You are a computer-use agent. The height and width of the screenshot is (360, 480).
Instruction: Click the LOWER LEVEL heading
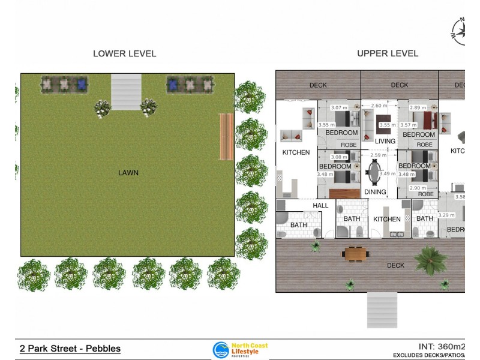click(124, 53)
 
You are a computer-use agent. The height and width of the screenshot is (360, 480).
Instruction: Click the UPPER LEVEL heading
click(388, 53)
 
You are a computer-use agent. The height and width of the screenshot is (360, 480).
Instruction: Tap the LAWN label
click(128, 173)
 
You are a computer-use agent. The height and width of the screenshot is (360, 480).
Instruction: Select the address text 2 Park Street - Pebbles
click(70, 349)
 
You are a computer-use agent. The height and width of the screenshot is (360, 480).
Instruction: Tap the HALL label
click(320, 205)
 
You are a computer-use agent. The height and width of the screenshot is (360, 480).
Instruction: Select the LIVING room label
click(385, 142)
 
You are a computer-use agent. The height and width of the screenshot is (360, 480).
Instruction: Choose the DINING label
click(375, 192)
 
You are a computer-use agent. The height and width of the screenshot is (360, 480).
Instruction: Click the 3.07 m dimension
click(340, 107)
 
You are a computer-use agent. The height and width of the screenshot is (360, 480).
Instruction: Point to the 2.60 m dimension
click(379, 106)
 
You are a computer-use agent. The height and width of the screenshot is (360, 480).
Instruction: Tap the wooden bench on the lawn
click(226, 136)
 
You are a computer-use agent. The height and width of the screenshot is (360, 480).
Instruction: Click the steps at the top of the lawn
click(126, 92)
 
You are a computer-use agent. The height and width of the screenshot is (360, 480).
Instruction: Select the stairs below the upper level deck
click(382, 310)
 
